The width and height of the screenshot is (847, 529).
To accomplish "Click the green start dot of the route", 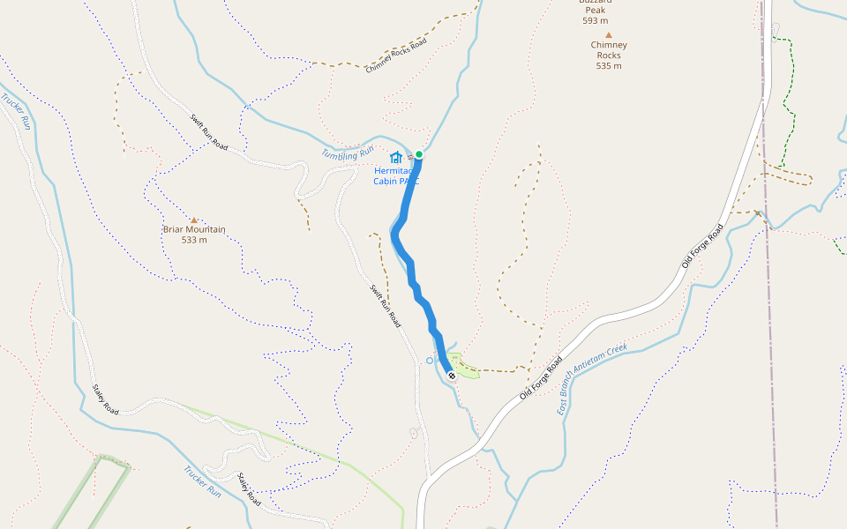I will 419,155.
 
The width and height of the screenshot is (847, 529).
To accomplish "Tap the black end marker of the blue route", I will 452,376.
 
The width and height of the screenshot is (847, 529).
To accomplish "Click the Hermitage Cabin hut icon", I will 396,157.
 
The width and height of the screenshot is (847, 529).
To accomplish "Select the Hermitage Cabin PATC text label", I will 394,175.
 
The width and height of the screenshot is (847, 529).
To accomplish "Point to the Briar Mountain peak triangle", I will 194,220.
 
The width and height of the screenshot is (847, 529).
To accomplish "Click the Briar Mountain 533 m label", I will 194,235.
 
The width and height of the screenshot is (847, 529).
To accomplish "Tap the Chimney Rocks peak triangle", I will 608,34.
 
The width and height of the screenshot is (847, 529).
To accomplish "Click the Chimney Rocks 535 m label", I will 609,55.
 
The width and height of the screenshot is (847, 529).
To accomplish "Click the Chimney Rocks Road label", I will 396,56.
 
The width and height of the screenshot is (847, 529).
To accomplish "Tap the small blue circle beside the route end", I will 430,360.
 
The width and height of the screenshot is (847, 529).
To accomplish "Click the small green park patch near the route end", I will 465,370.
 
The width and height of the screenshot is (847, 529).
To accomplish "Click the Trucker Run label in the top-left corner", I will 17,111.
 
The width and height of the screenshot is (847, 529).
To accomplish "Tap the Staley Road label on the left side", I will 105,399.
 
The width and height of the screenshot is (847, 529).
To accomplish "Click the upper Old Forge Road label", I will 702,246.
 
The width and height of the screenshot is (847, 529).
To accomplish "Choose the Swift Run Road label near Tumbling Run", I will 209,133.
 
